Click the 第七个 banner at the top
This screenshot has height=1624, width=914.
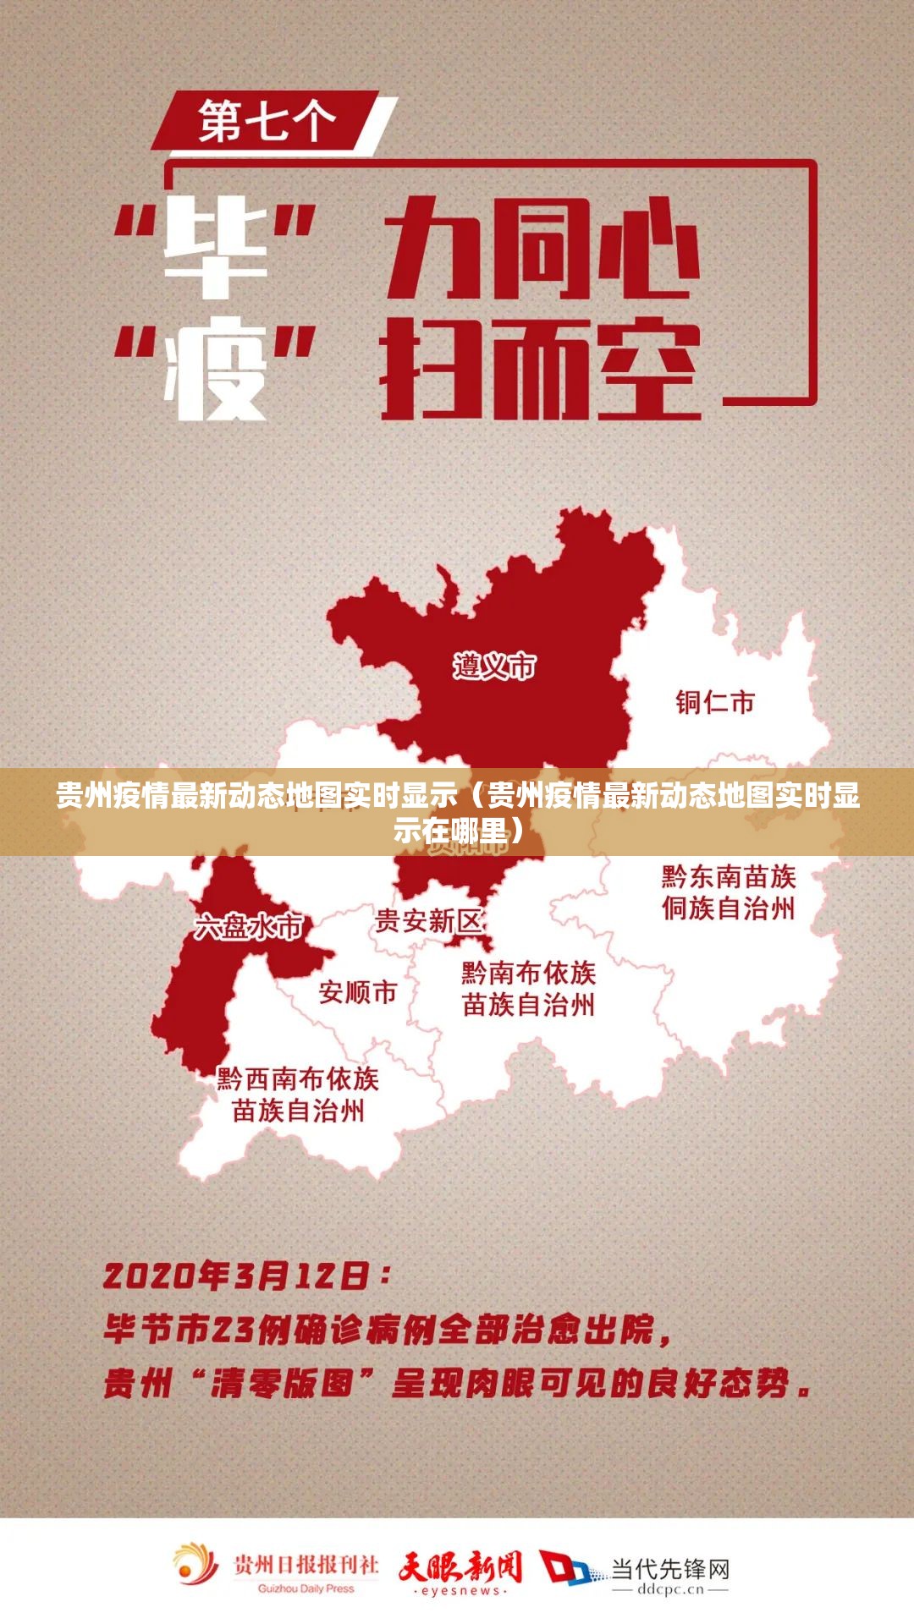[x=267, y=122]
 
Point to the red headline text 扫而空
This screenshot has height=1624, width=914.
[x=541, y=370]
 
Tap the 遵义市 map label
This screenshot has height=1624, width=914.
[x=494, y=667]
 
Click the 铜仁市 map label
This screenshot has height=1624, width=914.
[x=715, y=702]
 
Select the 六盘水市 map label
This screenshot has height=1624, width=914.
[x=248, y=926]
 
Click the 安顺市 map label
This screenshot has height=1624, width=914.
[x=357, y=991]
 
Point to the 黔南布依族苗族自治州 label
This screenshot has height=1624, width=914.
[x=528, y=989]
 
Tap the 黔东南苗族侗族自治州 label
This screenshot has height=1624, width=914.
[x=729, y=892]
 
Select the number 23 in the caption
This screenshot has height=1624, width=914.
[x=232, y=1330]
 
